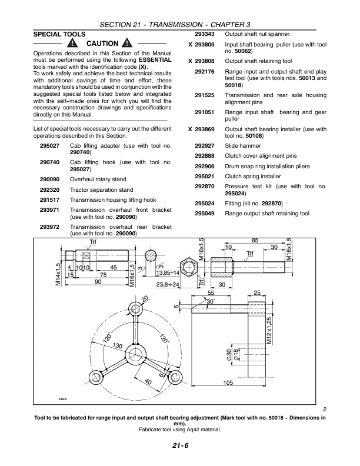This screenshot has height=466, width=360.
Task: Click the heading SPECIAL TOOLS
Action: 59,34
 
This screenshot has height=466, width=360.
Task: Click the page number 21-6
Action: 180,446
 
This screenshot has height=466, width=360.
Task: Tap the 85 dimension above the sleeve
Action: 255,241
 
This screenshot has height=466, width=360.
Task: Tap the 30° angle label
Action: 211,302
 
